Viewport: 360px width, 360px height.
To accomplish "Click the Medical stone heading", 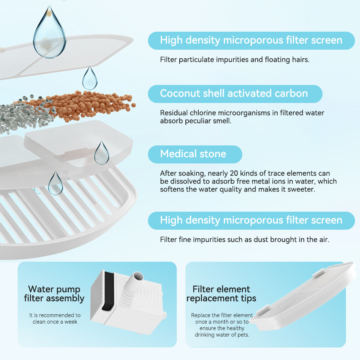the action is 193,154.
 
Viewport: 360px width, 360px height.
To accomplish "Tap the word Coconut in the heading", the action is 180,94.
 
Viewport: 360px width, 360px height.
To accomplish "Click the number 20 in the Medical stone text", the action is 234,174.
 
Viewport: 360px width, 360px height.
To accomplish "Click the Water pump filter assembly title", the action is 54,294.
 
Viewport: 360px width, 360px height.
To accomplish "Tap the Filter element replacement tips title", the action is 221,294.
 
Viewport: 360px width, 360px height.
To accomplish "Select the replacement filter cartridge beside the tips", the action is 303,296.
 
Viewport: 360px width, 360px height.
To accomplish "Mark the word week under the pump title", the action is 71,322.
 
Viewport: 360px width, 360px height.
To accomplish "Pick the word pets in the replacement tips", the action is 243,335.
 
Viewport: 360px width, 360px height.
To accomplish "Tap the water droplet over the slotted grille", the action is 55,184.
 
